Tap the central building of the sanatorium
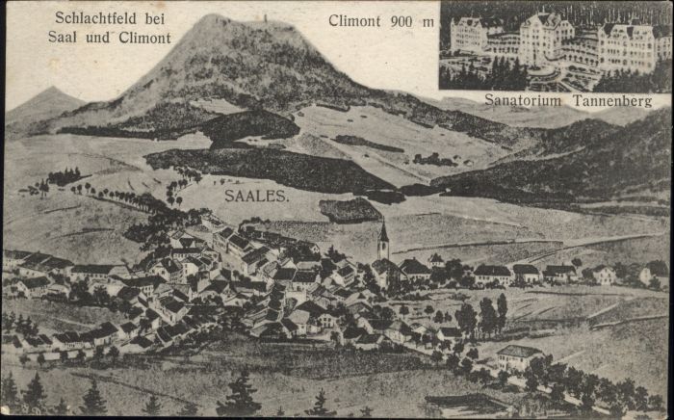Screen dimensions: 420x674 [544, 37]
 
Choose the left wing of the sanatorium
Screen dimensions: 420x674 [469, 35]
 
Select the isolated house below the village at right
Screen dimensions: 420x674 [518, 356]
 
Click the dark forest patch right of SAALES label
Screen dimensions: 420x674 [350, 209]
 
